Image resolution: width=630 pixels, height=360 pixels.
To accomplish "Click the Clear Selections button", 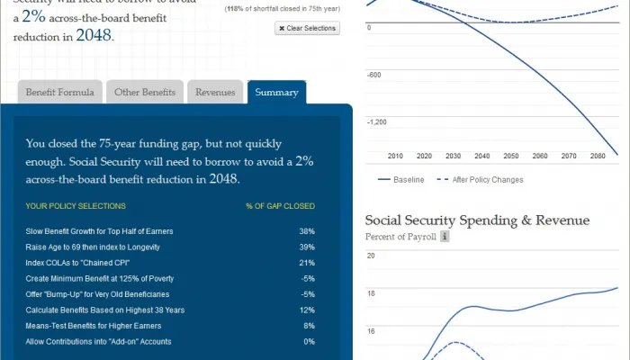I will click(x=308, y=29).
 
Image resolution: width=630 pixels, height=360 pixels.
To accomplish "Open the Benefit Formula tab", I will click(x=58, y=92).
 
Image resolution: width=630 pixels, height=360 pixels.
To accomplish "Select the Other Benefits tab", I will click(x=145, y=92).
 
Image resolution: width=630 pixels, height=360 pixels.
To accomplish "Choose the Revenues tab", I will click(x=215, y=92).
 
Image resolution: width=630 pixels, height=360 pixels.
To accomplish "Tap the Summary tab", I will click(x=276, y=92).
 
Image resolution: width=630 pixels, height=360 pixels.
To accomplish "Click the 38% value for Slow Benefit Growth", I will click(x=307, y=231).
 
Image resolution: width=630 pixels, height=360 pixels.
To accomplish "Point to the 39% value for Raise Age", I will click(x=307, y=247).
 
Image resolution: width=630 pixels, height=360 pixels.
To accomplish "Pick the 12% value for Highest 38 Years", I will click(x=307, y=310).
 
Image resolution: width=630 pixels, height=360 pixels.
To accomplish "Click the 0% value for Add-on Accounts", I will click(x=309, y=342).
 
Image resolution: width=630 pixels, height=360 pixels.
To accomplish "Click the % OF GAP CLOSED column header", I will click(x=280, y=206).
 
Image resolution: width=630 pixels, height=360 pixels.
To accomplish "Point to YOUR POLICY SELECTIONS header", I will click(x=76, y=206).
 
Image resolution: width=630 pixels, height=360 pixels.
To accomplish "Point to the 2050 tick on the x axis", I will click(x=510, y=156).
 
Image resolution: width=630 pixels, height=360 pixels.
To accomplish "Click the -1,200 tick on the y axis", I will click(x=376, y=121).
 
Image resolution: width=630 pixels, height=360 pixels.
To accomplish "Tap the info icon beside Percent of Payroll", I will click(x=445, y=237).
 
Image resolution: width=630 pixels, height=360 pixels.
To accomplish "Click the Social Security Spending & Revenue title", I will click(x=477, y=220).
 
